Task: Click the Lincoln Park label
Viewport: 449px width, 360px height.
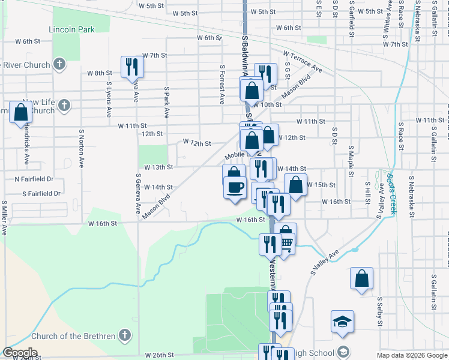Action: click(x=72, y=29)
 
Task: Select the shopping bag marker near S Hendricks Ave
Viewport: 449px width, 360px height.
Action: click(x=21, y=112)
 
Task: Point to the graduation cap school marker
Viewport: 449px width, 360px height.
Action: click(x=342, y=321)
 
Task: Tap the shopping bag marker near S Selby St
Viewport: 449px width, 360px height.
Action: click(x=361, y=278)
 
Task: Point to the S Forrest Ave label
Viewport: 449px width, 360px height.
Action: click(x=222, y=85)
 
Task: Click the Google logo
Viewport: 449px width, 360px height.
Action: click(x=20, y=353)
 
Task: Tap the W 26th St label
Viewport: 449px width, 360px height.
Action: click(x=159, y=355)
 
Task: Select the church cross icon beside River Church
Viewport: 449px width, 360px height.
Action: click(x=59, y=63)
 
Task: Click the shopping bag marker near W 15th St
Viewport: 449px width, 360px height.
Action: click(x=295, y=184)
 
